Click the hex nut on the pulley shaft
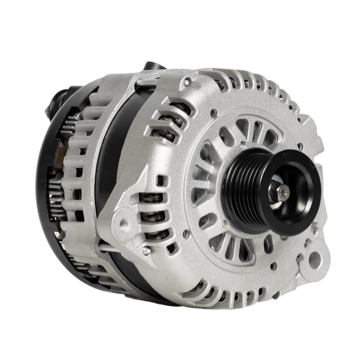(x=282, y=192)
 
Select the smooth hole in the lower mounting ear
(x=315, y=259)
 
